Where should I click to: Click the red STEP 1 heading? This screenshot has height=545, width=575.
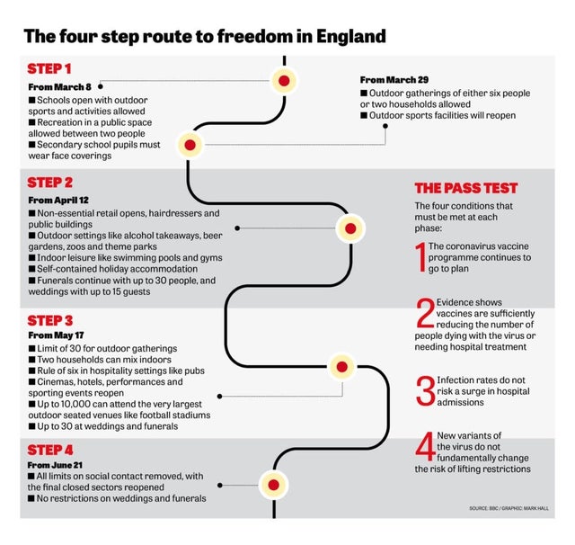49,69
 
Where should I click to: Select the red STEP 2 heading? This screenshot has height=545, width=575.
50,183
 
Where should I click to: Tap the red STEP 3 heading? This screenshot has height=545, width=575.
50,320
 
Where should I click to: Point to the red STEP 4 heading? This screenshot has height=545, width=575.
50,450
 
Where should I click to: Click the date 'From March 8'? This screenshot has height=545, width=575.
60,87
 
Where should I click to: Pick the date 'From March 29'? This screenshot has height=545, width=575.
394,80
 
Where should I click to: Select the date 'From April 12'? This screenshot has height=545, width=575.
58,201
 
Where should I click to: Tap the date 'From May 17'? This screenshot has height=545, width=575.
56,335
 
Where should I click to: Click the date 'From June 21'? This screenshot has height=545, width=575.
55,465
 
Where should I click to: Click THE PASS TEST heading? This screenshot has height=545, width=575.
466,188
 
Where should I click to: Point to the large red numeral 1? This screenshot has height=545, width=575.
421,257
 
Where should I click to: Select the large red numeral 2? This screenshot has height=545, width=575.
425,313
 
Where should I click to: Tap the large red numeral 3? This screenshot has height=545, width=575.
426,391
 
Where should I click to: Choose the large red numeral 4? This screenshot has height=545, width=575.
425,446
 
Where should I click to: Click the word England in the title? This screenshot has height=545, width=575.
351,36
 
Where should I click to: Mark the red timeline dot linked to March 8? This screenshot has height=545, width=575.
284,81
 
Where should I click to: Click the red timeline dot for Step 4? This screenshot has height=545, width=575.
273,485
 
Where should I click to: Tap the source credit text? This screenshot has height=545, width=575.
509,508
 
